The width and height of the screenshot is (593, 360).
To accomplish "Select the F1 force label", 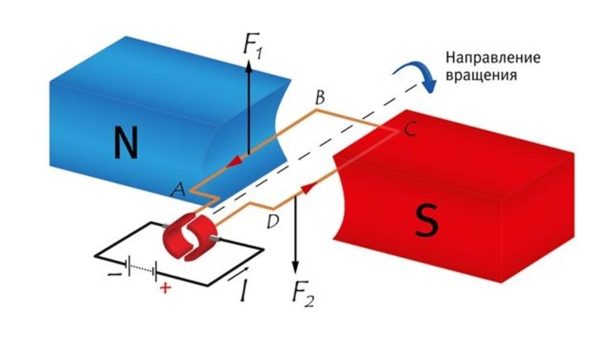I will click(253, 45).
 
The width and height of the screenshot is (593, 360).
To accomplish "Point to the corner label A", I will click(179, 190).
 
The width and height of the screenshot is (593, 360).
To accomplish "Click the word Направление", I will click(492, 57).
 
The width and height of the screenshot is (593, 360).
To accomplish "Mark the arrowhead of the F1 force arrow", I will click(249, 61).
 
